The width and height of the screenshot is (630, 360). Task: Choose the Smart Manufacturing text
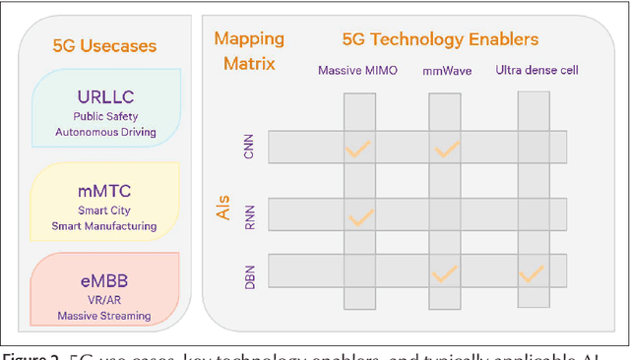pos(105,225)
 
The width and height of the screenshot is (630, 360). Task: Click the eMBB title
pos(105,279)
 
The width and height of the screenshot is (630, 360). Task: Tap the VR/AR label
pos(105,299)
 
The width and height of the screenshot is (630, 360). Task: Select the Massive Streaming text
pos(105,315)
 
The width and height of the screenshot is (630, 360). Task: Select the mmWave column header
pos(448,70)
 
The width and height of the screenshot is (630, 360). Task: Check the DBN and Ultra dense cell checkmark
pos(533,272)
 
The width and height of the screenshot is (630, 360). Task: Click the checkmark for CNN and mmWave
pos(448,150)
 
